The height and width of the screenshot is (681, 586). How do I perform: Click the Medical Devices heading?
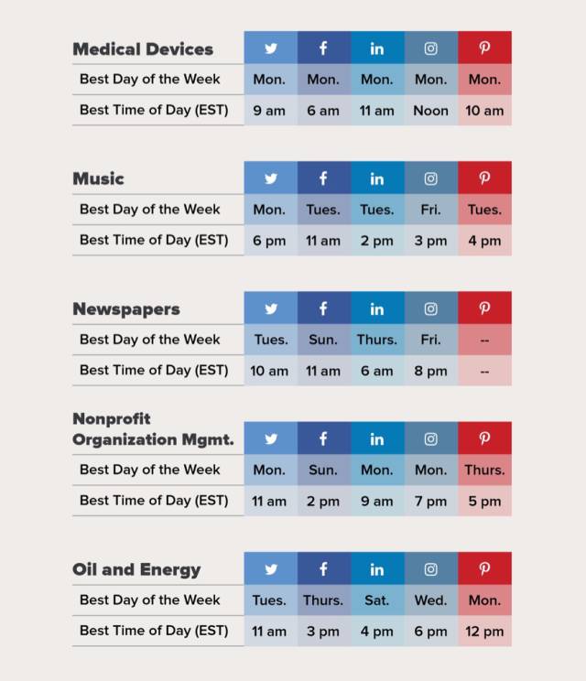pyautogui.click(x=143, y=49)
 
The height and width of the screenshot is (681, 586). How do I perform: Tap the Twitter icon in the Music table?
pyautogui.click(x=270, y=178)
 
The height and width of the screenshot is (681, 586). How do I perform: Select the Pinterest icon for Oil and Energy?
pyautogui.click(x=484, y=568)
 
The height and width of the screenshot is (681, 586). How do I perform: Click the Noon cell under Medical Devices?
pyautogui.click(x=430, y=111)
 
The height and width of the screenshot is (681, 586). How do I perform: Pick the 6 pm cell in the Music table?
pyautogui.click(x=269, y=241)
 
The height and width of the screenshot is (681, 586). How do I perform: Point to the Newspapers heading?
pyautogui.click(x=126, y=309)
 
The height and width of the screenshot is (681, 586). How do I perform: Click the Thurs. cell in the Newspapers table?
pyautogui.click(x=376, y=340)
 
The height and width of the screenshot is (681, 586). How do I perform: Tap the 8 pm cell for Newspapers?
pyautogui.click(x=430, y=371)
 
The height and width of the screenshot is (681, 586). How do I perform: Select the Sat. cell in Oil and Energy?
pyautogui.click(x=376, y=600)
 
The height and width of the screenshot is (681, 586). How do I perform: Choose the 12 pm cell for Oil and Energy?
pyautogui.click(x=484, y=632)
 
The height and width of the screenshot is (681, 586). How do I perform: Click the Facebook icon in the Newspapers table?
pyautogui.click(x=323, y=308)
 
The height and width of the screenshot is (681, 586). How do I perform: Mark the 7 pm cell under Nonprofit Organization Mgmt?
pyautogui.click(x=430, y=502)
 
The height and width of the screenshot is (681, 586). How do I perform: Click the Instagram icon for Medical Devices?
pyautogui.click(x=430, y=49)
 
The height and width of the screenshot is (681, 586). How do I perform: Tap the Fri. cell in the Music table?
pyautogui.click(x=430, y=210)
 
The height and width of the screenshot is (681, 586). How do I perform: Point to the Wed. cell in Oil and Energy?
pyautogui.click(x=430, y=600)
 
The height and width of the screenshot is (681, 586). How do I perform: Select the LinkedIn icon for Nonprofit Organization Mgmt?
pyautogui.click(x=376, y=439)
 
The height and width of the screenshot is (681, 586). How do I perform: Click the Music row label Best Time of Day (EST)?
pyautogui.click(x=154, y=241)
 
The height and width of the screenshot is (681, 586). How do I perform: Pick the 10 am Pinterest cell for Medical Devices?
pyautogui.click(x=484, y=111)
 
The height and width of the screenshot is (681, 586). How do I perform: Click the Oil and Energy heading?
pyautogui.click(x=136, y=569)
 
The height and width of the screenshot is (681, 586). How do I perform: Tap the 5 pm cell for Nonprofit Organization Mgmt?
pyautogui.click(x=484, y=502)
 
